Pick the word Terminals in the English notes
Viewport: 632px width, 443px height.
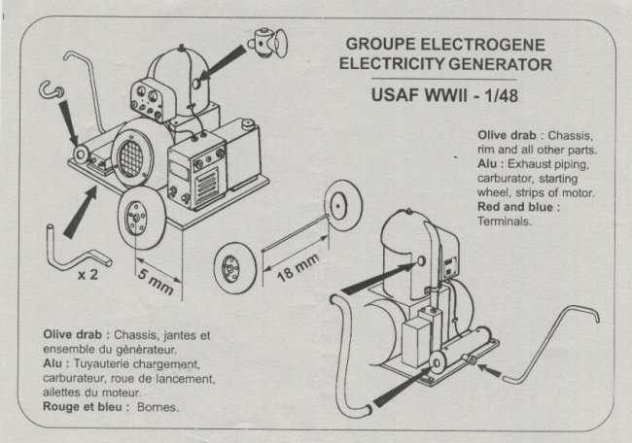[x=506, y=221]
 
